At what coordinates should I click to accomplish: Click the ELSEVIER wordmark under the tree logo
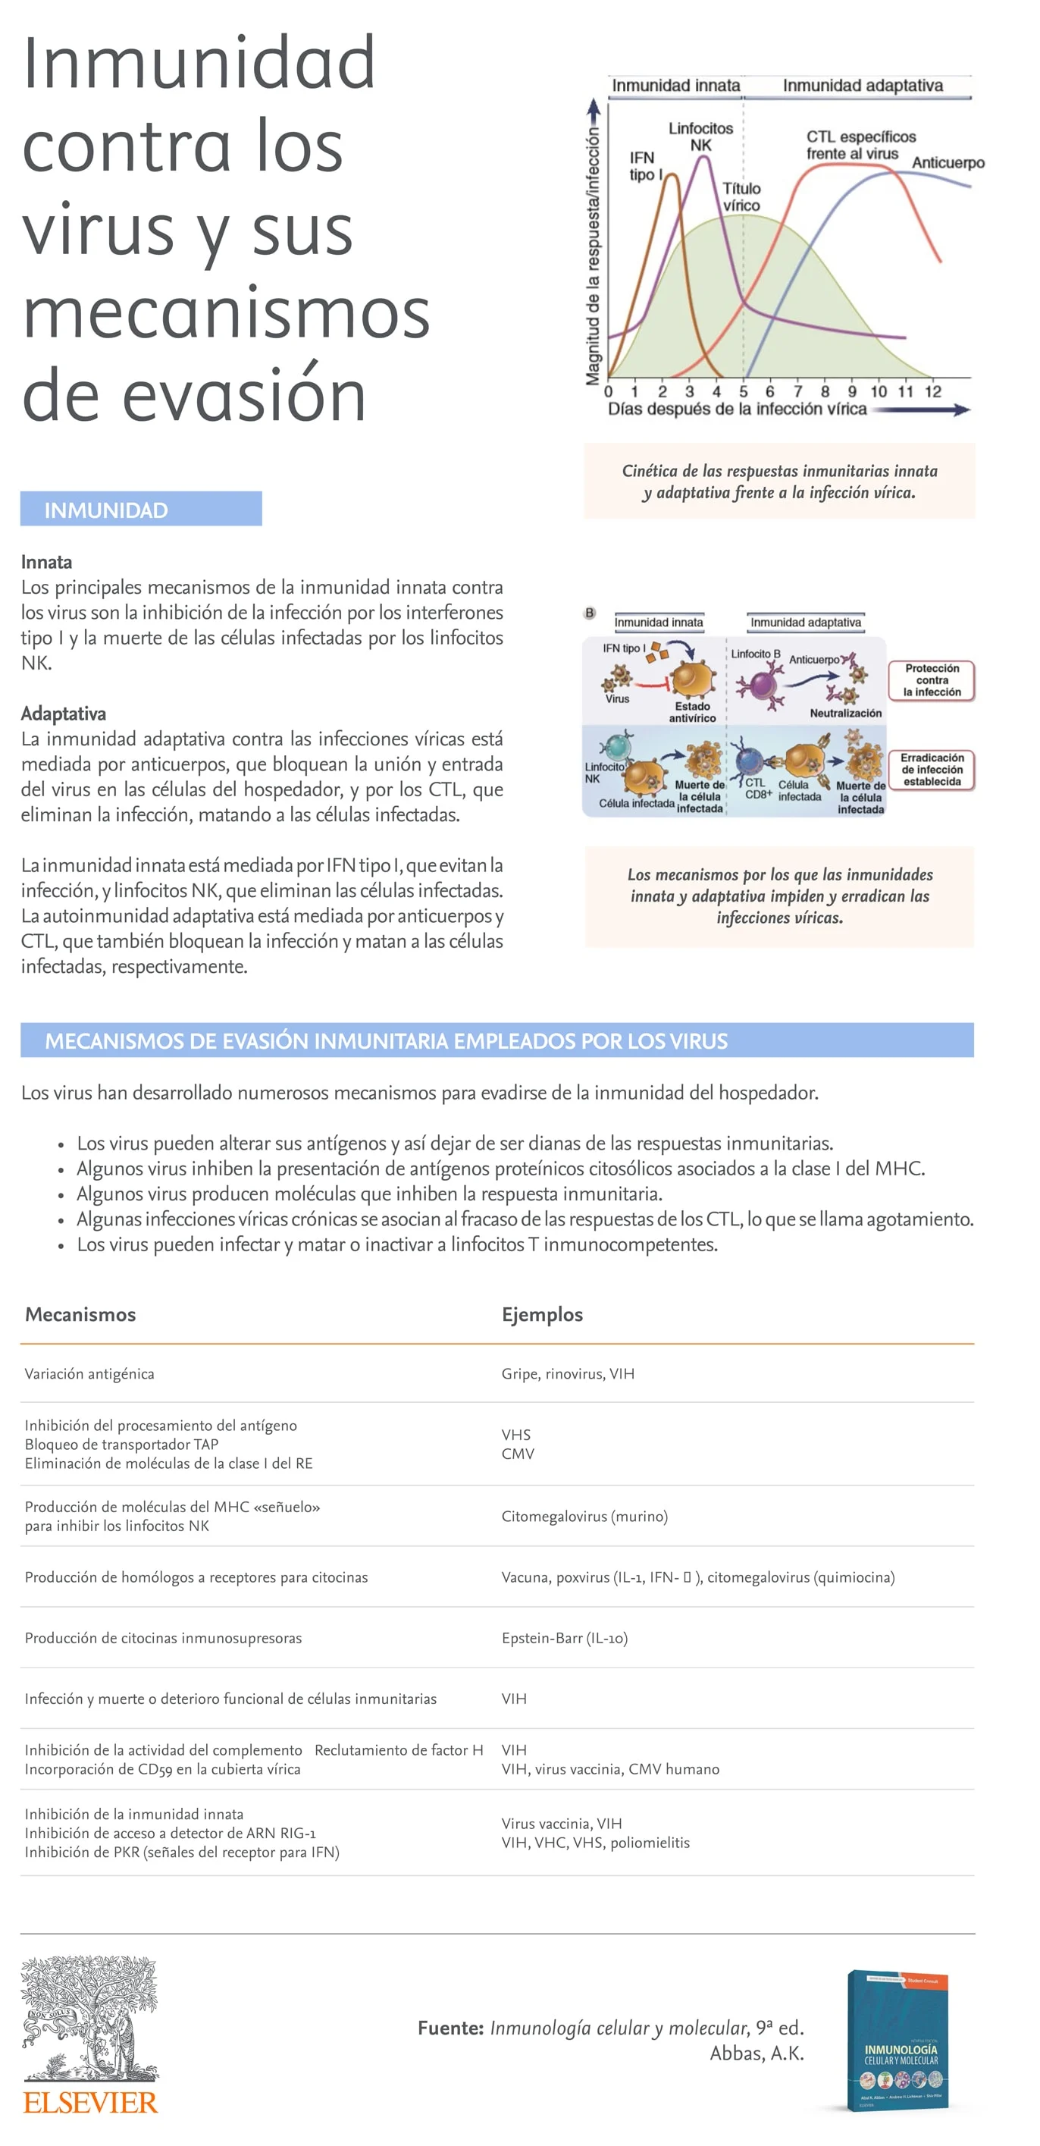tap(90, 2102)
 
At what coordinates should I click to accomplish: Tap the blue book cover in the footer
tap(897, 2038)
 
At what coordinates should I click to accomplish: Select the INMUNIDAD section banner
tap(141, 509)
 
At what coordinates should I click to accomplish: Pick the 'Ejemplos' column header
tap(542, 1313)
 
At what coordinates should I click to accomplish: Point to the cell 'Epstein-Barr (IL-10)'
tap(565, 1637)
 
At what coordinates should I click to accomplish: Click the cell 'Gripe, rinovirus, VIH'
tap(568, 1373)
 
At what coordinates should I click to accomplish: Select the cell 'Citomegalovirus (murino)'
tap(584, 1515)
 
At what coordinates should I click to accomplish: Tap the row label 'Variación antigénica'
tap(89, 1373)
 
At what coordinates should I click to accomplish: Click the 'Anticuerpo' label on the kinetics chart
tap(948, 162)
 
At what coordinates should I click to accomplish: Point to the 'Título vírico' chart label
tap(741, 196)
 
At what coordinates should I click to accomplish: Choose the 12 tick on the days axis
tap(932, 391)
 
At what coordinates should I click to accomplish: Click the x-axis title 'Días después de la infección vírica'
tap(737, 409)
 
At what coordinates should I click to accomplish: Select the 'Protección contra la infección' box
tap(932, 679)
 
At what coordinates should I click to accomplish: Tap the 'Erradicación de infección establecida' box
tap(932, 769)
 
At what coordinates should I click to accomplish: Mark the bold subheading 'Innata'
tap(47, 561)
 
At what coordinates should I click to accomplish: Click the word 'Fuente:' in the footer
tap(450, 2028)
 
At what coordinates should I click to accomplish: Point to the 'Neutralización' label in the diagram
tap(845, 713)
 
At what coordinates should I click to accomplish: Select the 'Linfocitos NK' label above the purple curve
tap(700, 136)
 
